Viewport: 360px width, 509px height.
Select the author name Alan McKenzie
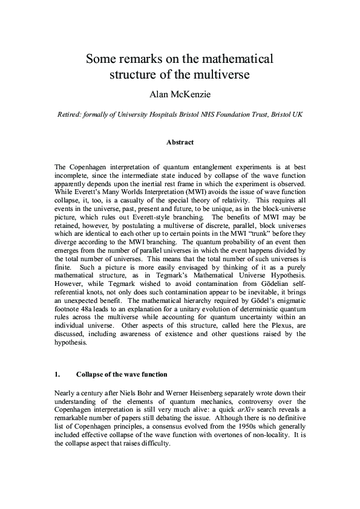pyautogui.click(x=180, y=94)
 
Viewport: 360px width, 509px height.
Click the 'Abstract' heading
pyautogui.click(x=180, y=143)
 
